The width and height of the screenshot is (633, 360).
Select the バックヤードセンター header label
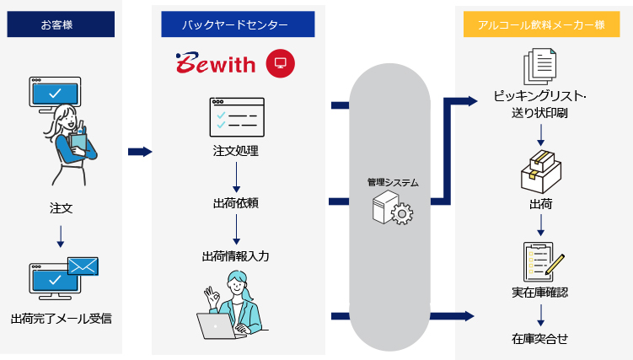pos(233,24)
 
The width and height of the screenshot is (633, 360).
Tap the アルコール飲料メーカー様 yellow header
pos(540,24)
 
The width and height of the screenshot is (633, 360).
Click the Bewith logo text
pos(215,63)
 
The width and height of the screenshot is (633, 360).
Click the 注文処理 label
pos(236,152)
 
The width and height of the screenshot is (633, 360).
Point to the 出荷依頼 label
pos(236,203)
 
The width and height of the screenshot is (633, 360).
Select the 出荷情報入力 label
pos(236,255)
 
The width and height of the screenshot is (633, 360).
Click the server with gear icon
pos(392,208)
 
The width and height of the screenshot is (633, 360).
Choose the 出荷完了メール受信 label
pos(62,319)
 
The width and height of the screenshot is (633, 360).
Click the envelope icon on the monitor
pos(82,267)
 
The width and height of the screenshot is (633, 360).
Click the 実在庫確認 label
pos(539,293)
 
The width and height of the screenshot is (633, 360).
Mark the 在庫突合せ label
pos(539,339)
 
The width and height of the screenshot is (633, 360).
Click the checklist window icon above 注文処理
pos(236,117)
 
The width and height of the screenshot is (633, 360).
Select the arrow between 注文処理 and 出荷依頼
pos(236,177)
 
